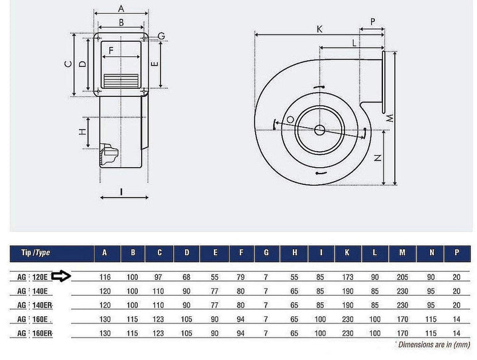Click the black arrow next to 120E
62,276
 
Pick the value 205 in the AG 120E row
402,276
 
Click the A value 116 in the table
103,276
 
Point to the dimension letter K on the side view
319,29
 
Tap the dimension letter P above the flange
373,22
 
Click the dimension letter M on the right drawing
391,119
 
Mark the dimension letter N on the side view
377,158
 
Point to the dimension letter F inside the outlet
111,50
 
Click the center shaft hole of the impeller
320,129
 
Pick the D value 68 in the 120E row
187,276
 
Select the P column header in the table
456,253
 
